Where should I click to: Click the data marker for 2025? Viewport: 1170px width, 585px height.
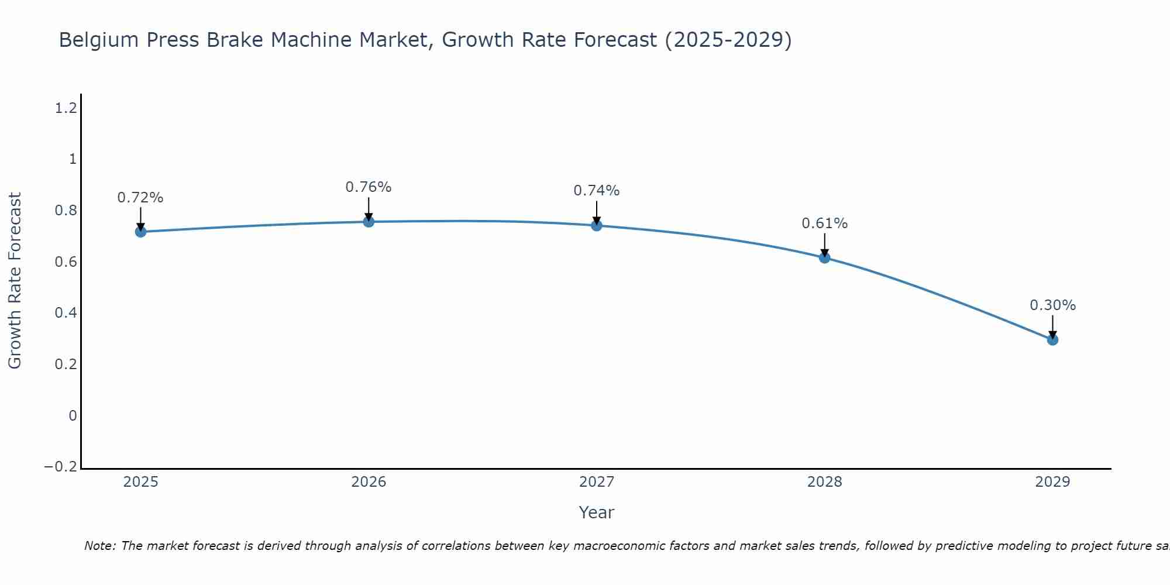pos(140,232)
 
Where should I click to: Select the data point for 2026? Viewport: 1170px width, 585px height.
pos(369,222)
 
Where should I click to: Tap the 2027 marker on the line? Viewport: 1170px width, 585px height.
pos(597,226)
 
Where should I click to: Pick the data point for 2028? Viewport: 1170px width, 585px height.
pos(825,258)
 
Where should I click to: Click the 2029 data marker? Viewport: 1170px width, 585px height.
pos(1052,339)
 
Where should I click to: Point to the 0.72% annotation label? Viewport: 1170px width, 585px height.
pos(140,198)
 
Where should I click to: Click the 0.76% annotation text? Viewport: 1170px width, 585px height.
pos(369,187)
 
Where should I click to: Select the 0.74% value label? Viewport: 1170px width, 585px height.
pos(597,191)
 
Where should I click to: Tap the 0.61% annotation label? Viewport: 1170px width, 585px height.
pos(825,223)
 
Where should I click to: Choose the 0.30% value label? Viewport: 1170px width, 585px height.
pos(1052,305)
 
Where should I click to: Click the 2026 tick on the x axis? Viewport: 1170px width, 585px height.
pos(369,482)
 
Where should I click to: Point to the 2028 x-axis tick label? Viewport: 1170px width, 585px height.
pos(825,482)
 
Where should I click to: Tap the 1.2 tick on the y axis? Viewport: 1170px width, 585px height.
pos(66,108)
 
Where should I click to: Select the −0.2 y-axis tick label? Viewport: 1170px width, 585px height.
pos(61,467)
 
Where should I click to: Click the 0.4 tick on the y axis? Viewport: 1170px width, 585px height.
pos(66,313)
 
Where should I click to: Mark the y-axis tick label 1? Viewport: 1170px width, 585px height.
pos(73,159)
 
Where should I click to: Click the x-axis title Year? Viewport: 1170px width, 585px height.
pos(597,512)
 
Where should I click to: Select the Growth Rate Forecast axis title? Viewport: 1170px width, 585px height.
pos(15,281)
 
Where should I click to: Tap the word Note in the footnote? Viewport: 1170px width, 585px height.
pos(99,546)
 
